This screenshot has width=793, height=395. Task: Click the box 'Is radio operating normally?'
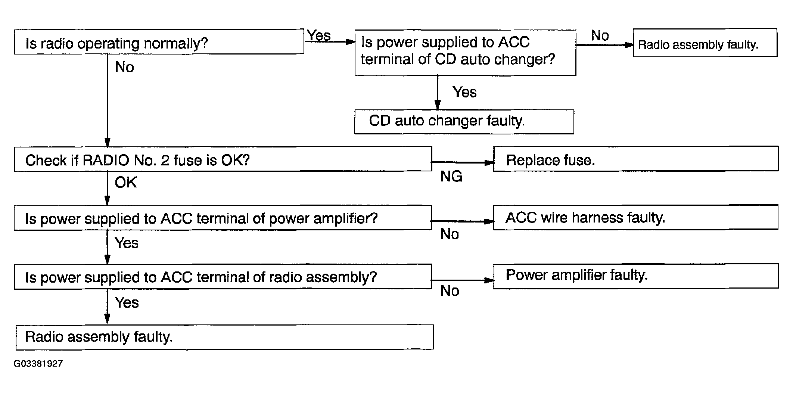coord(159,42)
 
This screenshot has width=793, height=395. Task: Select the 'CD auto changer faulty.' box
coord(464,122)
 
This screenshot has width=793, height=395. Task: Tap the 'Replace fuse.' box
coord(636,159)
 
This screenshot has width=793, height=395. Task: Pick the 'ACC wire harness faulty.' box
coord(636,217)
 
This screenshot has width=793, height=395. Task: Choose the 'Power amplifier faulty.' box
coord(636,276)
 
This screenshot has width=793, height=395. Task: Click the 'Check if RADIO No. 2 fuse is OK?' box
coord(223,159)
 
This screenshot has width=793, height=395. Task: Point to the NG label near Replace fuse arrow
coord(451,176)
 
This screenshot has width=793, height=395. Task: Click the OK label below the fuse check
coord(126,182)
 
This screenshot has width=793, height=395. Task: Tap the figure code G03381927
coord(38,364)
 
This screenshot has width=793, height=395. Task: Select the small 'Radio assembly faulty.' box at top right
coord(705,43)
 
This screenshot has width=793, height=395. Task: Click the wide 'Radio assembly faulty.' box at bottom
coord(224,337)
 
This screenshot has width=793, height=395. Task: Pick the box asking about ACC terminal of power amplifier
coord(223,218)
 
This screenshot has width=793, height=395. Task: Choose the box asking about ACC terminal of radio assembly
coord(223,277)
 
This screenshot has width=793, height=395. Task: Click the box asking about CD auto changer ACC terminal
coord(465,53)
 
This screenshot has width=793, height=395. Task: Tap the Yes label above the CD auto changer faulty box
coord(464,92)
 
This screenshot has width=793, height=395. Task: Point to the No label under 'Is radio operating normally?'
coord(124,67)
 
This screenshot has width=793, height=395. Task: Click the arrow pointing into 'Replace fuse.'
coord(463,162)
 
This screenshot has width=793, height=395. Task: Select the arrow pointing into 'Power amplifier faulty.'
coord(463,280)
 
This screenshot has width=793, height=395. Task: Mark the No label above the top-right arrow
coord(600,35)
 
